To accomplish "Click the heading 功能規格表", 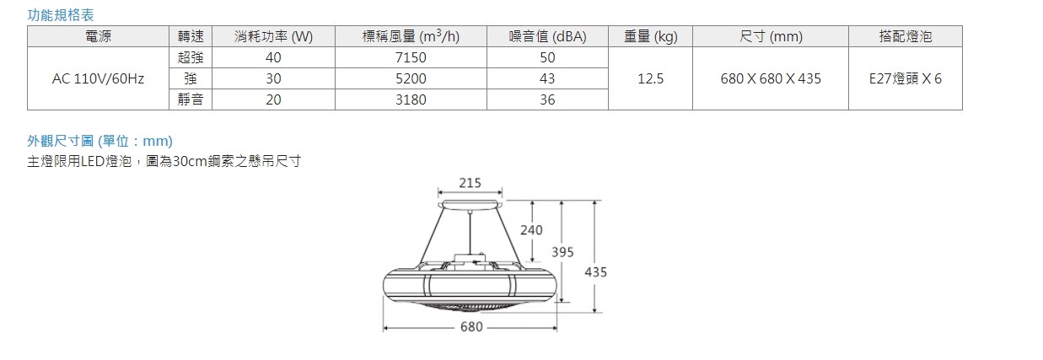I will pos(61,15).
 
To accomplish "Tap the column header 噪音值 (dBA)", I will pos(547,36).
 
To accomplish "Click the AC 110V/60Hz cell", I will pos(98,78).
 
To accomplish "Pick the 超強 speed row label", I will pos(191,57).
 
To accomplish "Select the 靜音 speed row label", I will pos(191,99).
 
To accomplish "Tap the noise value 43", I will pos(547,78).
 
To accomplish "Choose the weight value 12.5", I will pos(650,78).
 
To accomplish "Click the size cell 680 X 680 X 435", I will pos(771,78).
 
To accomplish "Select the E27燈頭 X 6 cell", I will pos(905,78).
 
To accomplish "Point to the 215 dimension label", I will pos(470,184).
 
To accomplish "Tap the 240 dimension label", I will pos(532,229).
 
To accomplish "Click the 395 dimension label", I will pos(562,252).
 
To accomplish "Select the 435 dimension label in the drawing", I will pos(595,272).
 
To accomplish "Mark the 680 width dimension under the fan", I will pos(471,327).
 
